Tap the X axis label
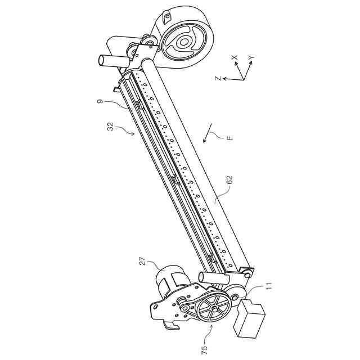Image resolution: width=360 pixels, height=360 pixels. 235,57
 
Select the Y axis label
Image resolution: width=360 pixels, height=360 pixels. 251,58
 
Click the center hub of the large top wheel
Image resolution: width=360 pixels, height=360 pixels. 184,42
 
